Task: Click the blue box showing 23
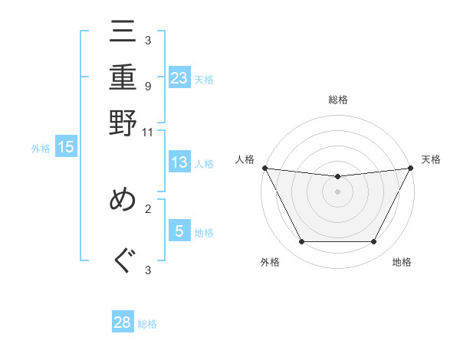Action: (x=179, y=78)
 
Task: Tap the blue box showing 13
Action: (x=179, y=162)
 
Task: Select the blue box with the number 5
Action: (x=179, y=231)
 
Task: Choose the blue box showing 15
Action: (x=66, y=148)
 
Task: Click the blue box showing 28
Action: (x=123, y=322)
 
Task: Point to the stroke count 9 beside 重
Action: (x=147, y=87)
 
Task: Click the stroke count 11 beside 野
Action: (x=147, y=132)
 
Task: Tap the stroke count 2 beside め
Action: (x=147, y=208)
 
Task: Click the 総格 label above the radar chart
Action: (x=337, y=100)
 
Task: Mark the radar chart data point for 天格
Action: (x=411, y=168)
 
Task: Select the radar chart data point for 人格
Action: (x=264, y=168)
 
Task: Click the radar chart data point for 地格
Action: (x=373, y=242)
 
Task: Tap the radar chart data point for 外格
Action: (x=301, y=242)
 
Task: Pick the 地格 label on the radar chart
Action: (x=402, y=262)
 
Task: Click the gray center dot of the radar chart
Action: (x=337, y=191)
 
